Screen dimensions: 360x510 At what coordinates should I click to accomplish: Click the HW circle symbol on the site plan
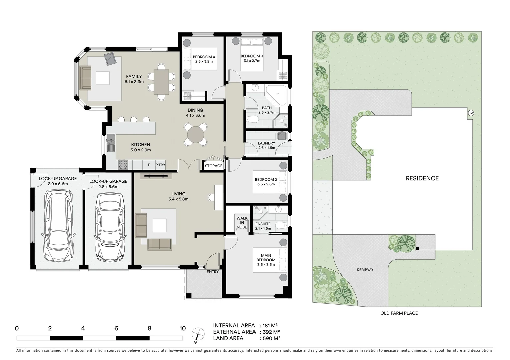click(471, 113)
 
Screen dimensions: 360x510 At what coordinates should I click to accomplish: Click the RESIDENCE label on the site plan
click(422, 178)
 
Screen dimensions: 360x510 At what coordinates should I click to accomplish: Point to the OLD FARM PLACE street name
click(399, 313)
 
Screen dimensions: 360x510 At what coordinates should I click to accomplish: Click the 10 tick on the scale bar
click(182, 328)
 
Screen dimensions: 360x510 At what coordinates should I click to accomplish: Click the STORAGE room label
click(214, 166)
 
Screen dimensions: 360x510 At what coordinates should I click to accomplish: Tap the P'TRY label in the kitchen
click(160, 165)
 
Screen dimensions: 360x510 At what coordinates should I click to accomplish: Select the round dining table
click(197, 135)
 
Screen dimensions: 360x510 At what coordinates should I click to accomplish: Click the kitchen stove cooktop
click(123, 164)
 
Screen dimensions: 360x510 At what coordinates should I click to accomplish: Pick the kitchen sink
click(111, 142)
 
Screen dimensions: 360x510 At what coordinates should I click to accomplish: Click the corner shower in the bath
click(277, 95)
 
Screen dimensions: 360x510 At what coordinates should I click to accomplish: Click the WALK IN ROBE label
click(242, 223)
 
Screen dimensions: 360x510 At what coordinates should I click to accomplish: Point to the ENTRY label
click(213, 272)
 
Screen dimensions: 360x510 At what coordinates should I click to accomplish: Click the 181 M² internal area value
click(269, 325)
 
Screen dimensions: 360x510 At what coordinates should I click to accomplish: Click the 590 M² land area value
click(270, 338)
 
